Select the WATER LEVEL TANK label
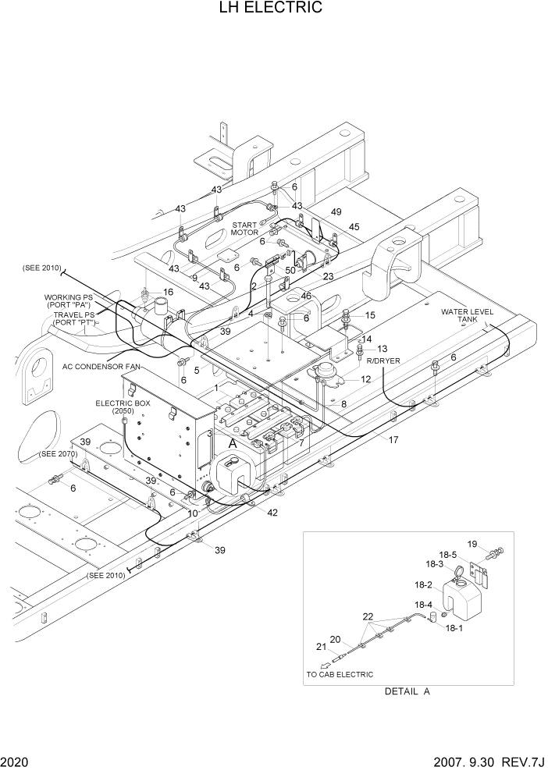(468, 315)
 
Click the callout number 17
(393, 440)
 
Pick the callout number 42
(272, 513)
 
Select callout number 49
(336, 212)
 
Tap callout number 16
(168, 292)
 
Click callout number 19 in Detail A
(471, 544)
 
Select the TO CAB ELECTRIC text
(340, 674)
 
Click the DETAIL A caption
(407, 691)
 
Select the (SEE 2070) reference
(59, 453)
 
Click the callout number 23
(328, 276)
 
